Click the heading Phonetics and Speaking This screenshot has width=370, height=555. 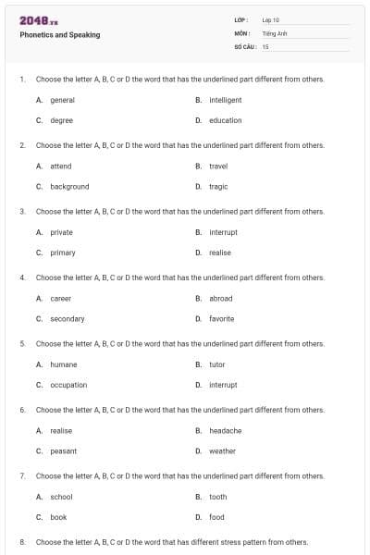point(60,35)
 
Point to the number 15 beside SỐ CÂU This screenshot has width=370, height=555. point(265,45)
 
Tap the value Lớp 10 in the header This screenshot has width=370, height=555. point(270,19)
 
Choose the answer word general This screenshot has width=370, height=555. point(62,100)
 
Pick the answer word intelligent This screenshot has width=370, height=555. point(226,100)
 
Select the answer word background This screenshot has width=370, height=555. point(69,186)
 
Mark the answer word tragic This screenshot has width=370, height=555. point(218,186)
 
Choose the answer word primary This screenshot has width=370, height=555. point(63,253)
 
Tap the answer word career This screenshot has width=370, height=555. point(60,298)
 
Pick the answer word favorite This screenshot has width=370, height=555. point(222,318)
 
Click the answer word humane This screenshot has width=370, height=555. point(63,364)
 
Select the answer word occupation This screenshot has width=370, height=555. point(68,385)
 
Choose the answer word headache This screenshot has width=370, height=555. point(226,430)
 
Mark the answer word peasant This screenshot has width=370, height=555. point(63,450)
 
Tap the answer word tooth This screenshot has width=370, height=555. point(218,497)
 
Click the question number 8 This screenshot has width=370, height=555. point(21,542)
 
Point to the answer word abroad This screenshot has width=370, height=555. point(221,298)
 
